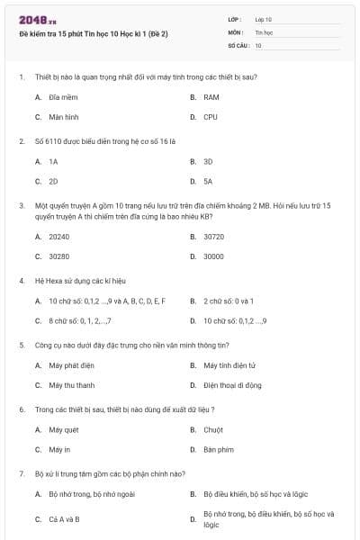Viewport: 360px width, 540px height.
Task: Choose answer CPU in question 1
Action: pos(210,117)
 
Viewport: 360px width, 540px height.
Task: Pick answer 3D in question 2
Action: pos(208,161)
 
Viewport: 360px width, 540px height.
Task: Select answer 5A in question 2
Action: pos(208,182)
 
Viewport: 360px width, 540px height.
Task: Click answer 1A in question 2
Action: pos(53,161)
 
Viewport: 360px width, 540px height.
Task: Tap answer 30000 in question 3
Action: pos(213,256)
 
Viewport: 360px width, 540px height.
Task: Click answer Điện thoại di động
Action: pos(232,385)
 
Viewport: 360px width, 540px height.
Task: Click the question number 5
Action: pos(22,344)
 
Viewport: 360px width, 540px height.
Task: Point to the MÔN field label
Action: pos(236,31)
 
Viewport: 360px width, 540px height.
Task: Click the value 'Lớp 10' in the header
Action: pos(263,19)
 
